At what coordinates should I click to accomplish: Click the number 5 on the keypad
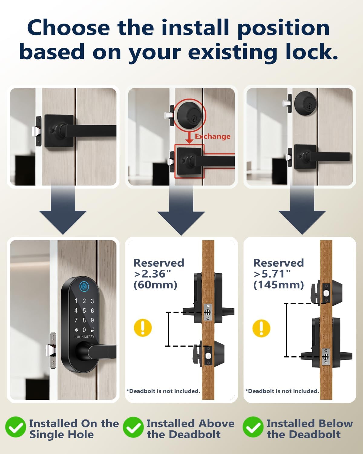pos(84,311)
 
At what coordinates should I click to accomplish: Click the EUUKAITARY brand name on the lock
pos(84,337)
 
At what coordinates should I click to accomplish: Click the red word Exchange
pos(212,137)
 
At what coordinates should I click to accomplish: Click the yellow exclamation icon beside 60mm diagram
pos(142,327)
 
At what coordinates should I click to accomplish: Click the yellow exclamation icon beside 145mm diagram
pos(261,328)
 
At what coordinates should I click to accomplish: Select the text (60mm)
pos(155,285)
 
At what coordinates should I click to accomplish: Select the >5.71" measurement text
pos(272,274)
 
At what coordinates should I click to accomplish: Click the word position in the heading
pos(283,28)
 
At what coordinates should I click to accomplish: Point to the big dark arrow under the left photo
pos(63,212)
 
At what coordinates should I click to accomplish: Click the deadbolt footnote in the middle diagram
pos(163,391)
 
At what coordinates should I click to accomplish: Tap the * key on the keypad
pos(76,330)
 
